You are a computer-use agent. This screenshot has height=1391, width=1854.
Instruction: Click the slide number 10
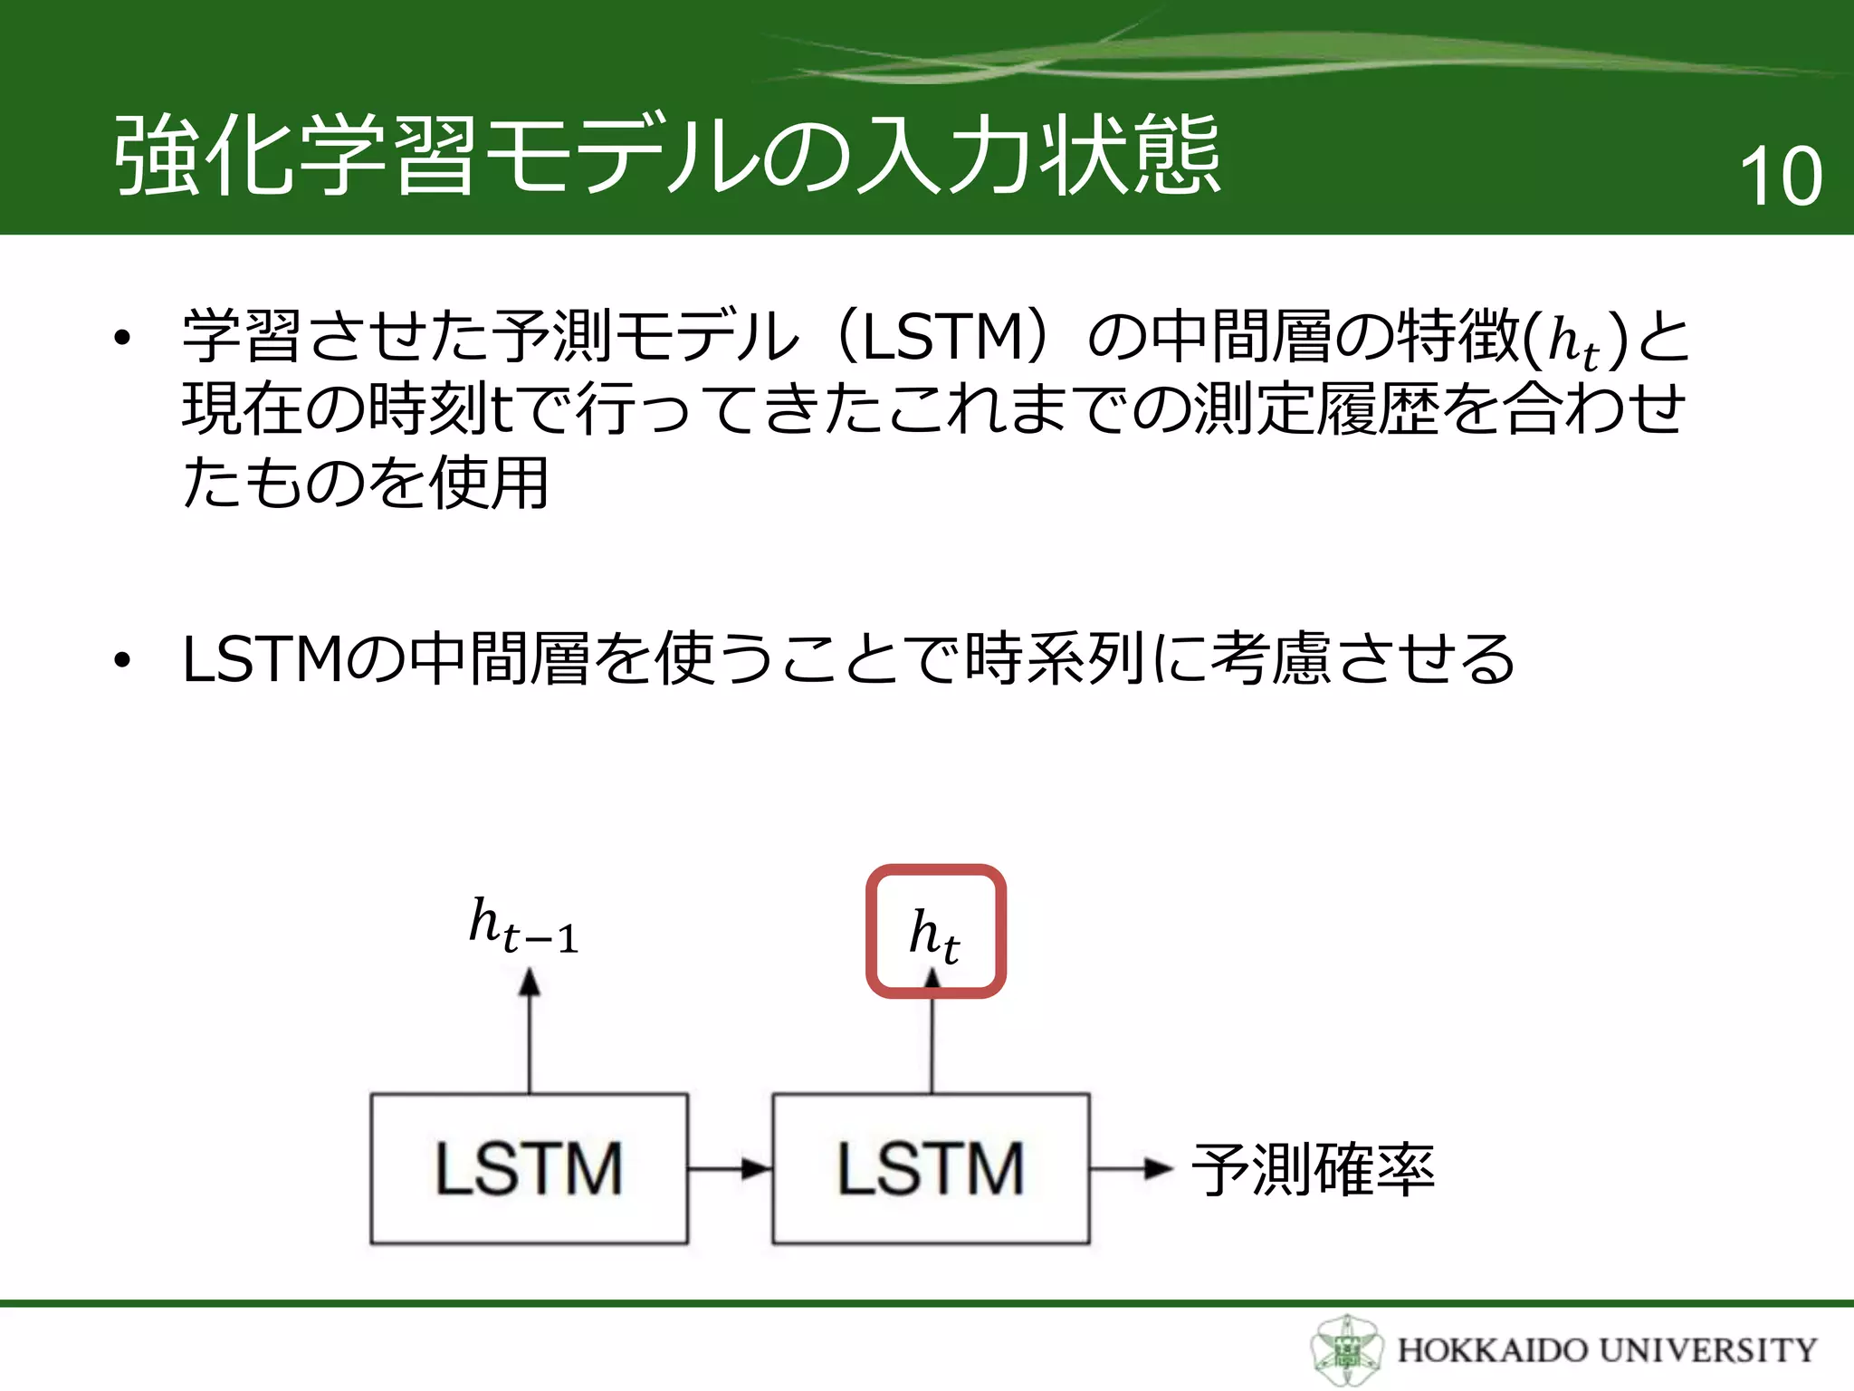(1780, 176)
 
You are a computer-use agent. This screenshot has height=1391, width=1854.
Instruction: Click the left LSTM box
(529, 1168)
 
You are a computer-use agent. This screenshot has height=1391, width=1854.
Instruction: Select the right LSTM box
(931, 1168)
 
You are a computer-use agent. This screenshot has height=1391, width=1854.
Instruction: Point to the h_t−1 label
(523, 926)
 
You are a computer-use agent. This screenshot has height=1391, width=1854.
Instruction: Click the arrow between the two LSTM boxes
(730, 1168)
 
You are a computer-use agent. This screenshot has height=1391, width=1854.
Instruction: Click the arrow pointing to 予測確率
(1132, 1168)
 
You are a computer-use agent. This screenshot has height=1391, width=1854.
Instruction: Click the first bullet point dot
(122, 339)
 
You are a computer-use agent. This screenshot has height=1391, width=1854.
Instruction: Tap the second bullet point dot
(122, 661)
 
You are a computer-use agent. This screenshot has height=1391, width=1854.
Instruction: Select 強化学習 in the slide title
(294, 156)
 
